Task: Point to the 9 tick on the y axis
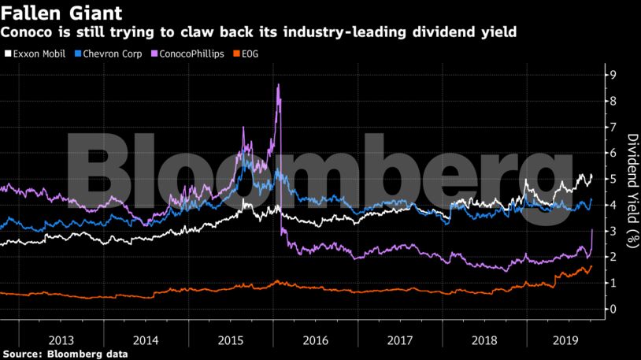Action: (x=610, y=75)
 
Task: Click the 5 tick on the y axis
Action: (x=610, y=179)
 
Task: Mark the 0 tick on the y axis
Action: (x=610, y=309)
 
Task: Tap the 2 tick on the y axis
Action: (x=610, y=257)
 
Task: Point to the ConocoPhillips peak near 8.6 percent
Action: (x=278, y=85)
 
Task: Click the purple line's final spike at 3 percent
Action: (x=591, y=229)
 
